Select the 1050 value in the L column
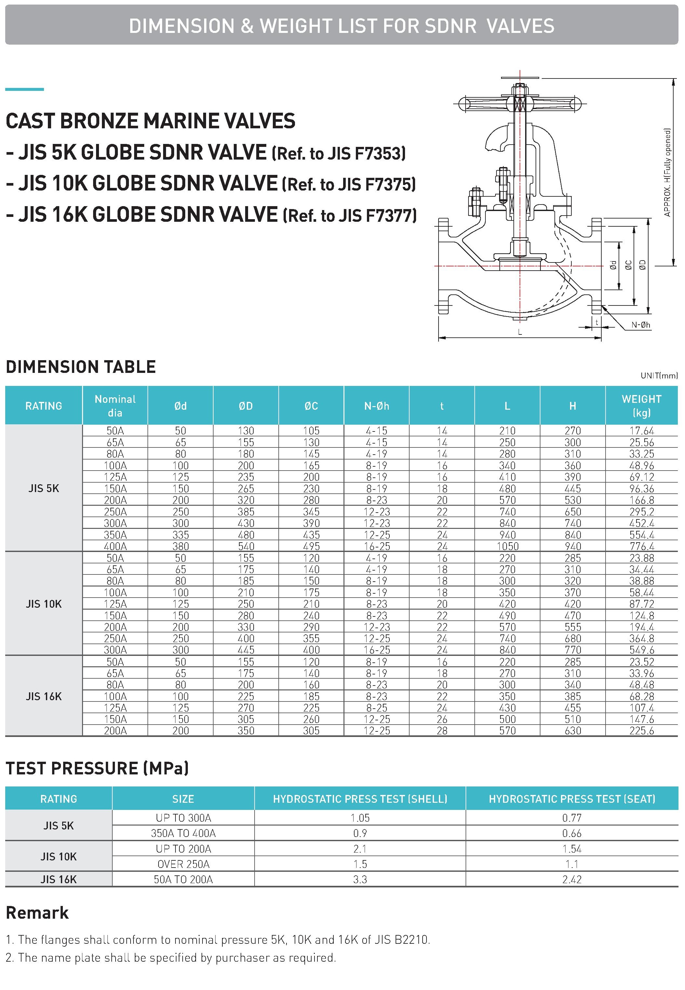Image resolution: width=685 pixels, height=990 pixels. pyautogui.click(x=507, y=546)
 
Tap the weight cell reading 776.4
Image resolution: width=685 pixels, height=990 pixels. pyautogui.click(x=641, y=546)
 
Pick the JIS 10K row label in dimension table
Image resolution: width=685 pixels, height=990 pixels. pyautogui.click(x=43, y=604)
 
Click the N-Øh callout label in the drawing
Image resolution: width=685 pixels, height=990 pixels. pyautogui.click(x=640, y=325)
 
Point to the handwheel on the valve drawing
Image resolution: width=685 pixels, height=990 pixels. pyautogui.click(x=519, y=104)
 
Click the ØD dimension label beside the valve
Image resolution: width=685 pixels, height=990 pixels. pyautogui.click(x=642, y=265)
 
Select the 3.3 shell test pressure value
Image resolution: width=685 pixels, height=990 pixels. pyautogui.click(x=360, y=879)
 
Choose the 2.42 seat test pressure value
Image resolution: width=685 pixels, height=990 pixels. pyautogui.click(x=572, y=879)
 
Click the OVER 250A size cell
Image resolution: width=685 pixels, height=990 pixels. pyautogui.click(x=183, y=864)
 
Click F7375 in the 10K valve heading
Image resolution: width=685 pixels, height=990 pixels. pyautogui.click(x=390, y=185)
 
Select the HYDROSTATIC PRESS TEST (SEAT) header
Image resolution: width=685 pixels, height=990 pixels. pyautogui.click(x=572, y=799)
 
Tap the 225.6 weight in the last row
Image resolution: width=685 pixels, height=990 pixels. pyautogui.click(x=641, y=730)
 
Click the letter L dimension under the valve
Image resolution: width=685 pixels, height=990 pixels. pyautogui.click(x=520, y=332)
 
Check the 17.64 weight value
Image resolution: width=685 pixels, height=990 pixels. pyautogui.click(x=641, y=431)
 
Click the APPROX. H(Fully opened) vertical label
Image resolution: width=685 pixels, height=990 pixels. pyautogui.click(x=667, y=172)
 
